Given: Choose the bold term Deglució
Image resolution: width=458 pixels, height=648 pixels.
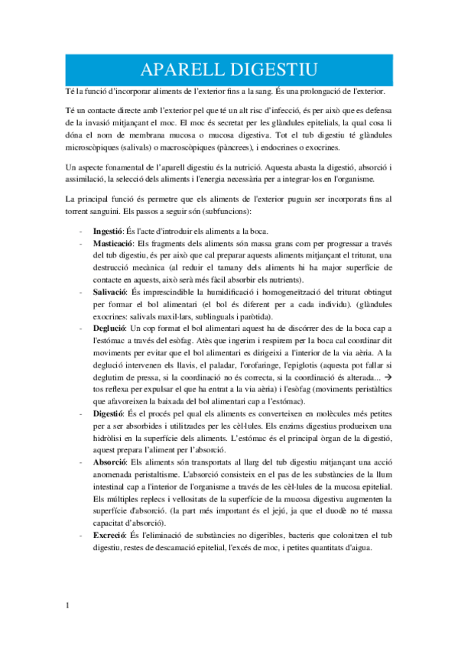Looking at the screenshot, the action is tap(109, 327).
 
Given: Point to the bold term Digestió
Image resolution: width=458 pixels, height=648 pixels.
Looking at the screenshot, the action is tap(109, 413).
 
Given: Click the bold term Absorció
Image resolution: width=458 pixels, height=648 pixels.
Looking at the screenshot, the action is tap(109, 463).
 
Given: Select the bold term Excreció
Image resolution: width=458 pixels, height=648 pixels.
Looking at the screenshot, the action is tap(109, 536).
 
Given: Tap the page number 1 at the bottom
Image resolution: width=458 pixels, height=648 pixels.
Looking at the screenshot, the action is tap(69, 607).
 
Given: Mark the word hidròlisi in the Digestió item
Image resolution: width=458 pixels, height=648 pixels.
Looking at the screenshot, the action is tap(109, 439).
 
